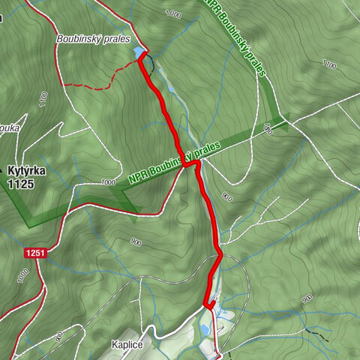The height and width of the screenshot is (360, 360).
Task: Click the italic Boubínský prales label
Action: (x=93, y=39)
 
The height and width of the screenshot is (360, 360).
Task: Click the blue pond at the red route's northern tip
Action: (x=139, y=52)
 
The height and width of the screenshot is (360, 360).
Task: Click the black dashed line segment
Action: (x=319, y=333)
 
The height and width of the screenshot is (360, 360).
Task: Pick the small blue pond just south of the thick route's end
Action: (x=205, y=328)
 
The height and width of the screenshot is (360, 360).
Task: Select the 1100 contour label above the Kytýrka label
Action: (x=43, y=97)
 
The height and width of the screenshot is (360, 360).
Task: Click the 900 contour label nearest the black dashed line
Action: (x=307, y=299)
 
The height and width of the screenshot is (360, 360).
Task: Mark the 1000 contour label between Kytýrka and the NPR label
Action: (x=108, y=182)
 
